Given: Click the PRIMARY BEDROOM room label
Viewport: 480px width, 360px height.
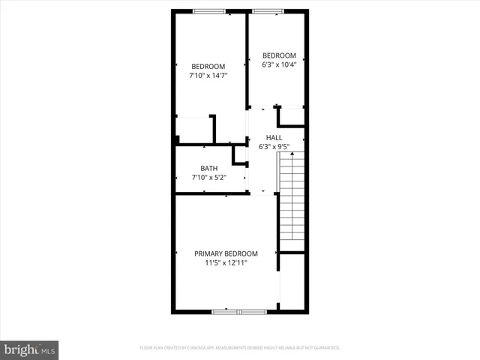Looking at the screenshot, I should tap(226, 253).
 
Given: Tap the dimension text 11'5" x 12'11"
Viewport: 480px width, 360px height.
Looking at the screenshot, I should tap(226, 263).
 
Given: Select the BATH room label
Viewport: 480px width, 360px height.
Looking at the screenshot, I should tap(208, 168).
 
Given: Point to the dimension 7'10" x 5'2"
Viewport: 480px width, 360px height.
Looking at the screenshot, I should tap(208, 178).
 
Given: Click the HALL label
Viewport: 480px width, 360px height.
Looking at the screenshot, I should tap(274, 137).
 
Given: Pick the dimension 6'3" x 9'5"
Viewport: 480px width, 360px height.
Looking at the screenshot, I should tap(274, 147).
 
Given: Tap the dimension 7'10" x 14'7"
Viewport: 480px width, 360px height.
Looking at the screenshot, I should tap(208, 75).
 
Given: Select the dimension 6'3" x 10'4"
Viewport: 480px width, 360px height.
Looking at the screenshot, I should tap(278, 65).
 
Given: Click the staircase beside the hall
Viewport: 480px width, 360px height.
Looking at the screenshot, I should tap(292, 195).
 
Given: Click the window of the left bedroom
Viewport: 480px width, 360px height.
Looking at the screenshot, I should tap(208, 10).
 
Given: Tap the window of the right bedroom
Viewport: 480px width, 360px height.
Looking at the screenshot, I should tap(267, 10).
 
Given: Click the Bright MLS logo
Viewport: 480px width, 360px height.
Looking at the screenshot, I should tap(30, 349).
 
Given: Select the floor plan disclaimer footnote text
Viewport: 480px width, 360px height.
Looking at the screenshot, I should tap(240, 348).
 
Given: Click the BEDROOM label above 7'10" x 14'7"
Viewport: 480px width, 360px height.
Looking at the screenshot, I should tap(208, 66).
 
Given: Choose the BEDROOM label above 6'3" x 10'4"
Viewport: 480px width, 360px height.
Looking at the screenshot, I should tap(278, 55).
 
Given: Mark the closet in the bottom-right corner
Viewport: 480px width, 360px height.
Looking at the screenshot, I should tap(292, 281).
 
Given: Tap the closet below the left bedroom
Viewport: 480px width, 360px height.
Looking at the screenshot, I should tap(193, 129).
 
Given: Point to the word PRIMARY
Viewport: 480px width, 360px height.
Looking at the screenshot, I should tap(210, 253).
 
